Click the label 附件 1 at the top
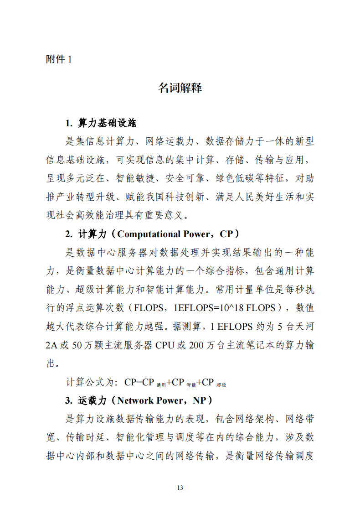[x=59, y=59]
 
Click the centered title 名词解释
[x=180, y=88]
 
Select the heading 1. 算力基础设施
[x=101, y=123]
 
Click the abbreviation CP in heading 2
[x=226, y=234]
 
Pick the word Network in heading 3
[x=136, y=401]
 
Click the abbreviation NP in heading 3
[x=199, y=401]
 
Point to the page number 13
[x=180, y=488]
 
